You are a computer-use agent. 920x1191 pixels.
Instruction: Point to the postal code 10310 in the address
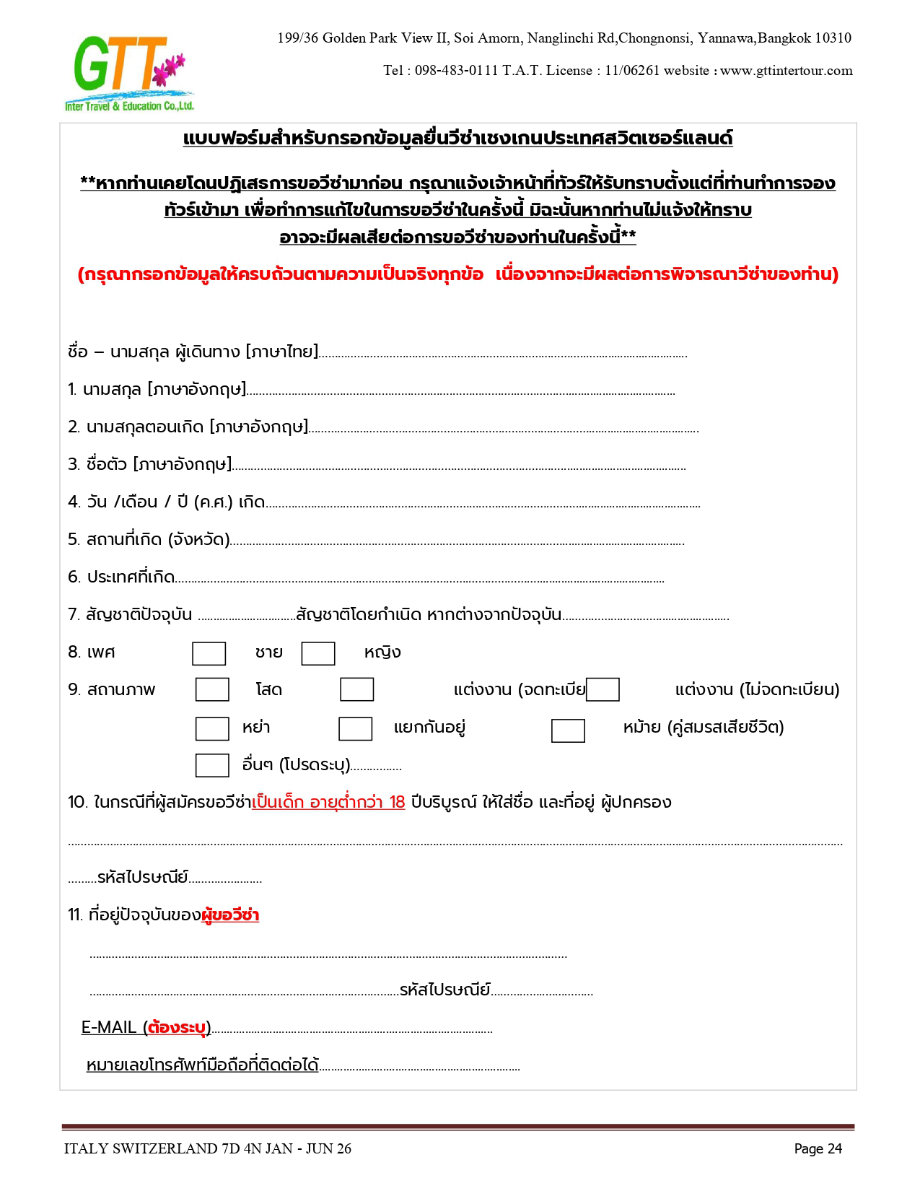tap(833, 38)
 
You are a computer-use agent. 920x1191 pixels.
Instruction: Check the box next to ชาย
tap(209, 653)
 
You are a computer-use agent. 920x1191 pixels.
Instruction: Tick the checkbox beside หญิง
tap(318, 653)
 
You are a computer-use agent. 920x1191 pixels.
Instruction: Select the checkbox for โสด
tap(212, 689)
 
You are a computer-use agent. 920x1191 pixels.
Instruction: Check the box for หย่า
tap(212, 728)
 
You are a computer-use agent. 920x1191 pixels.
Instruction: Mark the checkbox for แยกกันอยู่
tap(355, 728)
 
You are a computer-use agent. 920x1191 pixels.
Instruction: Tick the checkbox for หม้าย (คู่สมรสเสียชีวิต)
tap(568, 730)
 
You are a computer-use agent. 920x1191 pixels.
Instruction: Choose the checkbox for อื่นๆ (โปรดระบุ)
tap(212, 765)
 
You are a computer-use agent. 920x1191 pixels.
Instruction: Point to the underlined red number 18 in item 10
tap(397, 802)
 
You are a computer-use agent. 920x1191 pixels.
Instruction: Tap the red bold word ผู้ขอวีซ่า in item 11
tap(230, 915)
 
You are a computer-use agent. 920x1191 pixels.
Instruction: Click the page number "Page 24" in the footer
tap(818, 1148)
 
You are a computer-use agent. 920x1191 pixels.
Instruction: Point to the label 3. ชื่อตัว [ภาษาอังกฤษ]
tap(150, 464)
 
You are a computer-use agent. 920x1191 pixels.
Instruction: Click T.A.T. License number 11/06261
tap(632, 71)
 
